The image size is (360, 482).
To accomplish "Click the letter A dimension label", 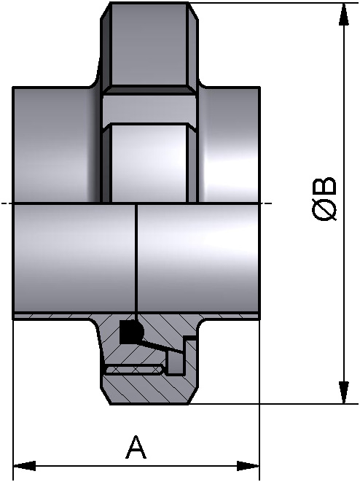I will pyautogui.click(x=136, y=447).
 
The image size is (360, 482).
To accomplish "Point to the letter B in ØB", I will pyautogui.click(x=325, y=185).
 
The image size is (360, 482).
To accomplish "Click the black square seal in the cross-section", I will pyautogui.click(x=130, y=331).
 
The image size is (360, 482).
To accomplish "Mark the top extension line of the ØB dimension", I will pyautogui.click(x=277, y=3).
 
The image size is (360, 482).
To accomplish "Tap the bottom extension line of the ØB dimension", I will pyautogui.click(x=277, y=403).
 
